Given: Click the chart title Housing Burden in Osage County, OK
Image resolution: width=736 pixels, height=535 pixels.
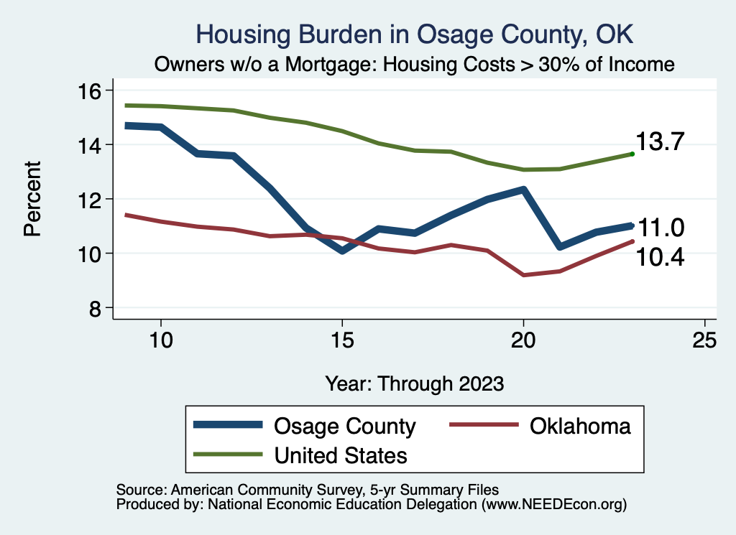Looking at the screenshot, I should [x=416, y=34].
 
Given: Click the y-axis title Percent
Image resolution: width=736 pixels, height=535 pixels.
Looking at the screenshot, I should [x=32, y=199].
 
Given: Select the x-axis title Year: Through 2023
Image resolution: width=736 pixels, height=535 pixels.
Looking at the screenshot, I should [x=415, y=383].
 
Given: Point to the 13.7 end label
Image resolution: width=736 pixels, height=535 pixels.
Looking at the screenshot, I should [x=658, y=142].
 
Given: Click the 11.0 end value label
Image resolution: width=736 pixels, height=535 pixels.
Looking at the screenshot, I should [x=661, y=228].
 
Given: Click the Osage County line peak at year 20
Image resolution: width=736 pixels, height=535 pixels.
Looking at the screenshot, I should [x=523, y=190].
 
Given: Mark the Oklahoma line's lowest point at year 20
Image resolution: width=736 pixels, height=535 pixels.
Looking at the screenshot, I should [x=523, y=275].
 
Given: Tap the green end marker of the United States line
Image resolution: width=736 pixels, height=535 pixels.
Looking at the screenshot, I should [x=632, y=154].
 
